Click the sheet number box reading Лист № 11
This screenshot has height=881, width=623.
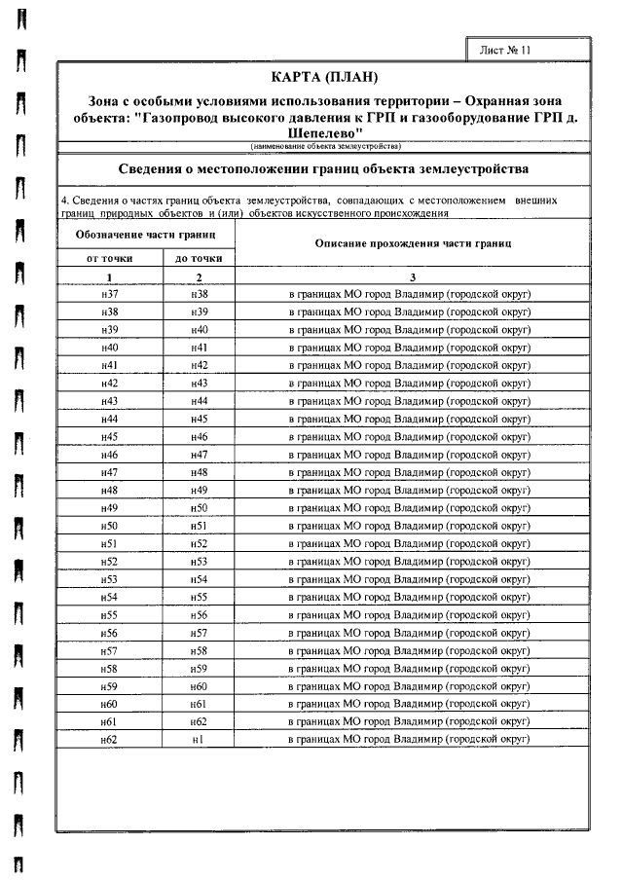tap(506, 51)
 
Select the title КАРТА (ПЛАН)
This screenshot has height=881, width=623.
tap(322, 77)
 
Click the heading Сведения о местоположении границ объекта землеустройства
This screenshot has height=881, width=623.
tap(322, 168)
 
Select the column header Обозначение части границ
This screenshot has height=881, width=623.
tap(145, 236)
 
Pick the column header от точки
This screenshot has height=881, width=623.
tap(109, 259)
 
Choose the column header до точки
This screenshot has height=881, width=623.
tap(199, 259)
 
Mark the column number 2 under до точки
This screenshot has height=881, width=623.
tap(199, 277)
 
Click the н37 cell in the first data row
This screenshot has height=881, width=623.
tap(109, 294)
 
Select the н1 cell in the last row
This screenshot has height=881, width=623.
tap(199, 740)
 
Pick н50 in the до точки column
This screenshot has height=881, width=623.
tap(199, 508)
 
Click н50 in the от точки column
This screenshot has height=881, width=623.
tap(109, 526)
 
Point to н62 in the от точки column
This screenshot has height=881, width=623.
tap(109, 740)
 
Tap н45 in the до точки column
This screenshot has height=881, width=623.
tap(199, 419)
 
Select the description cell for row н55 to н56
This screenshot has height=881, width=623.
tap(410, 615)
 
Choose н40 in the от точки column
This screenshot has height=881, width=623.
tap(109, 348)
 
